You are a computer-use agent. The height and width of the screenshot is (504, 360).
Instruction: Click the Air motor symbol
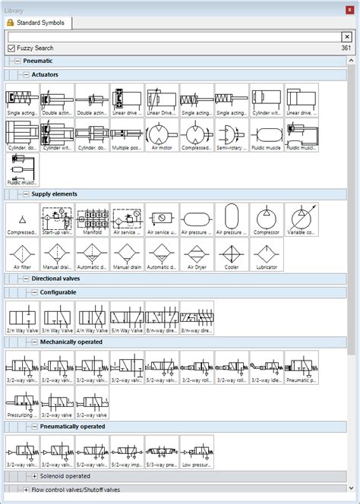pos(162,137)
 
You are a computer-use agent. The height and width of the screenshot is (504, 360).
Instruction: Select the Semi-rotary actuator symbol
pos(232,137)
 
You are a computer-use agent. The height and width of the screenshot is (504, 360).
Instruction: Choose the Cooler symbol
pos(232,254)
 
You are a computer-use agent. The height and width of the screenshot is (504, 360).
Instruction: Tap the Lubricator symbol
pos(267,254)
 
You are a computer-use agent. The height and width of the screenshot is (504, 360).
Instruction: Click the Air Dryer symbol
pos(197,254)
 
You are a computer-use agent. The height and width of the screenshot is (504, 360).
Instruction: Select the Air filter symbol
pos(22,254)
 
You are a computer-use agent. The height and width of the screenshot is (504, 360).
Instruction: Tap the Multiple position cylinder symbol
pos(127,137)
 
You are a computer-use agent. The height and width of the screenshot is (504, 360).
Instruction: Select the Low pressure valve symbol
pos(197,452)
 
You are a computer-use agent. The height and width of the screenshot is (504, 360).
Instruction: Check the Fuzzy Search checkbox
pos(11,48)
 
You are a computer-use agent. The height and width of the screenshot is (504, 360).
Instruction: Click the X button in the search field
pos(346,36)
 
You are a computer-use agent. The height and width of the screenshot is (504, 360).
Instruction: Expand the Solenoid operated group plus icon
pos(35,475)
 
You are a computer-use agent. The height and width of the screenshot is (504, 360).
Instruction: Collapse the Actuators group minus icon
pos(26,74)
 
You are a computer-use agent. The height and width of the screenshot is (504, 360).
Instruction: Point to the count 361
pos(346,48)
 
